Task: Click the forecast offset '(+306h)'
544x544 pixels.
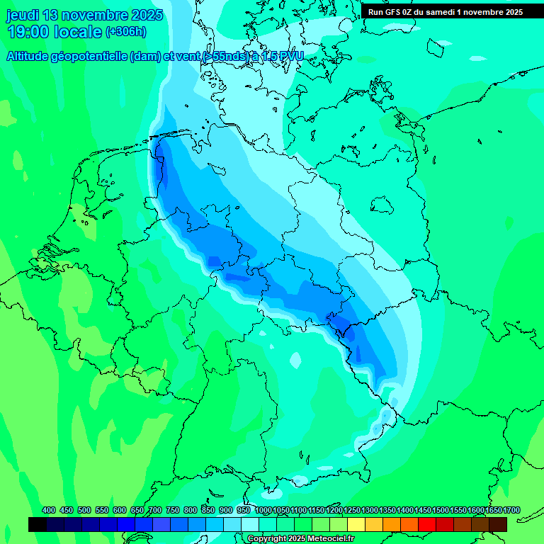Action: coord(125,32)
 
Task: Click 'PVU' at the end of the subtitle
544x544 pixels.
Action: coord(289,57)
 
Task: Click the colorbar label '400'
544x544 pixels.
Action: coord(49,510)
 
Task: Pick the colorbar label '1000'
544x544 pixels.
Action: coord(263,510)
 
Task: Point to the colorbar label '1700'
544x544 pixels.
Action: coord(511,510)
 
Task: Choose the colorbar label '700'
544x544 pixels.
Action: coord(155,510)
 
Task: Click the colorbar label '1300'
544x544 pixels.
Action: coord(370,510)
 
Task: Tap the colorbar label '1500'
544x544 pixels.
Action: coord(441,510)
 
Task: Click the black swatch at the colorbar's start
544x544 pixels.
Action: coord(38,524)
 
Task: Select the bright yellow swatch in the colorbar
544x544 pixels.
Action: coord(356,524)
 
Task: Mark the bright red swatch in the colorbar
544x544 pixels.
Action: coord(427,524)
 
